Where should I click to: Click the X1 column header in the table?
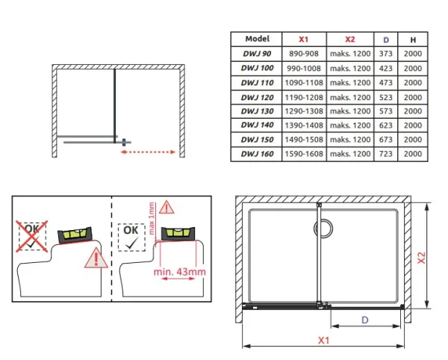click(303, 39)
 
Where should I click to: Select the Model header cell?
click(257, 39)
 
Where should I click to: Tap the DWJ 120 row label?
click(257, 97)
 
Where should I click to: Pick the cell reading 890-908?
click(304, 54)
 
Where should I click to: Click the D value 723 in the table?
click(386, 154)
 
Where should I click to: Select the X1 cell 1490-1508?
click(304, 140)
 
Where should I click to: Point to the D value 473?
click(386, 83)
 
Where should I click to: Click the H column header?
click(413, 40)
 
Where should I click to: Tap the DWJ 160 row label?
click(257, 154)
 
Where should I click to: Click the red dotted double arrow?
click(148, 152)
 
